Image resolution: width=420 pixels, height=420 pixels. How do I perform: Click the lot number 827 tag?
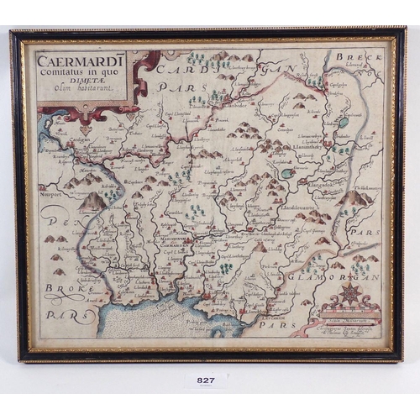[206, 381]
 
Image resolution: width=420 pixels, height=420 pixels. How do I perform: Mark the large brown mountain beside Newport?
[92, 202]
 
